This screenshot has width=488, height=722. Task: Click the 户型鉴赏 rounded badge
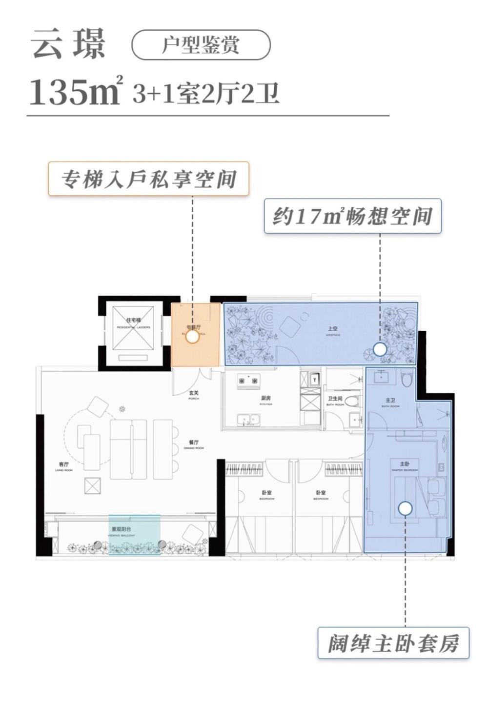(201, 45)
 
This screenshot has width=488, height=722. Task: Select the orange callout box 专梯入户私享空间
(148, 179)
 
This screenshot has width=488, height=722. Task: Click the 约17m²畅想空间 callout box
(352, 216)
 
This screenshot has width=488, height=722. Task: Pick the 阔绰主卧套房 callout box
(393, 643)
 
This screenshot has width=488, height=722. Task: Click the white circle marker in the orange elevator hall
(193, 336)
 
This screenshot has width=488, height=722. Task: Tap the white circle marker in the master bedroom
(405, 508)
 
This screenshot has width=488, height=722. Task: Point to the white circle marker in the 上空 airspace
(380, 349)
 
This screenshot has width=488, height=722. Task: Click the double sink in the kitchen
(248, 420)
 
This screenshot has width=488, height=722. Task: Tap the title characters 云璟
(68, 45)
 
